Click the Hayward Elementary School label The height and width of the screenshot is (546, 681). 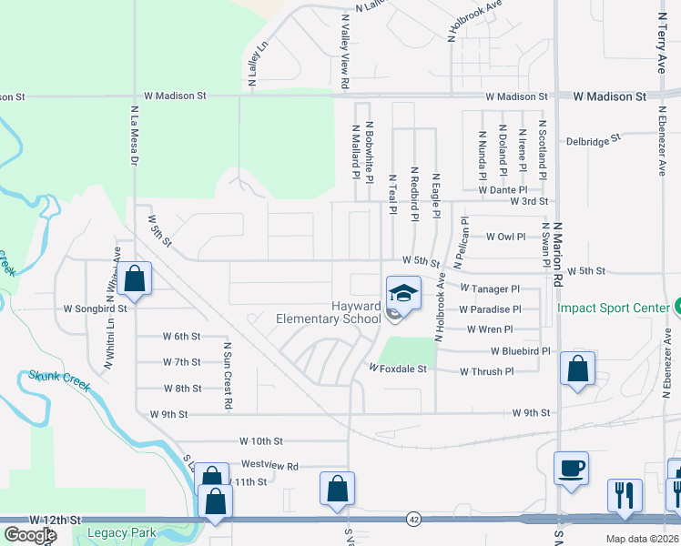[329, 313]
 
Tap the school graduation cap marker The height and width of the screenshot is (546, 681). [402, 293]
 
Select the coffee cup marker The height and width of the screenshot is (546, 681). [571, 469]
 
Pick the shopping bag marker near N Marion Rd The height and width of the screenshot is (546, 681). [577, 369]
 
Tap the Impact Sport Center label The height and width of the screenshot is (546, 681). [613, 308]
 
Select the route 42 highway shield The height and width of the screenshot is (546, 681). [414, 519]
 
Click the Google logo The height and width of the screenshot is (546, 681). [30, 535]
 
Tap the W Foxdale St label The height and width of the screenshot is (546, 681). [397, 369]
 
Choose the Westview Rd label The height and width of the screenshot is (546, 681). [269, 466]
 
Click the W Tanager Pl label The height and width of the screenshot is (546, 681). [490, 288]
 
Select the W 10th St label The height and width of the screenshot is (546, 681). [262, 440]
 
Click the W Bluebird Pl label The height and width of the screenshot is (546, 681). [520, 350]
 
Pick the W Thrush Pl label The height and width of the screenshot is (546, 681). [487, 371]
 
